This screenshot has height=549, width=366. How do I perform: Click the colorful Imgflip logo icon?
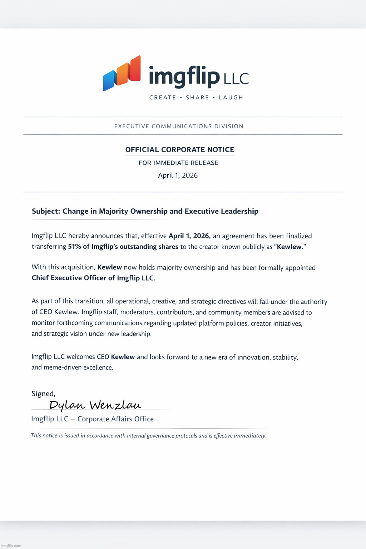click(122, 73)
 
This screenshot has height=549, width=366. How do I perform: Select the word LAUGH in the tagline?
click(231, 98)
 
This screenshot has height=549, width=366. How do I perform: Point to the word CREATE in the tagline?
click(163, 98)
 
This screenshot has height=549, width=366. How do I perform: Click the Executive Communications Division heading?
click(179, 126)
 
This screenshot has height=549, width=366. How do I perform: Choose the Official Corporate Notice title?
click(180, 150)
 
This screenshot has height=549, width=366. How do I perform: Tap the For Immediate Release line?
click(178, 163)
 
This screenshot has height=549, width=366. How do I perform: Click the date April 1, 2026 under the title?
click(178, 175)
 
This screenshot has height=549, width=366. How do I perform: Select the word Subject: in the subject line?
click(46, 211)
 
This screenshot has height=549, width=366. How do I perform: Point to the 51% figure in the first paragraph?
click(74, 247)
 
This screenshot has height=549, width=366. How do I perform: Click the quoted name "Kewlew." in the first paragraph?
click(290, 247)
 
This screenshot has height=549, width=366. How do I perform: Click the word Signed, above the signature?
click(43, 394)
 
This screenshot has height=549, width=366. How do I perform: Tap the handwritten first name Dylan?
click(67, 405)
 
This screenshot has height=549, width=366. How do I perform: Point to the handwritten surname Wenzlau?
click(115, 405)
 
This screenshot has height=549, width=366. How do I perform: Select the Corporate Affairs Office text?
click(115, 419)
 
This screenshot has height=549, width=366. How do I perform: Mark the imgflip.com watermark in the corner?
click(11, 546)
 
